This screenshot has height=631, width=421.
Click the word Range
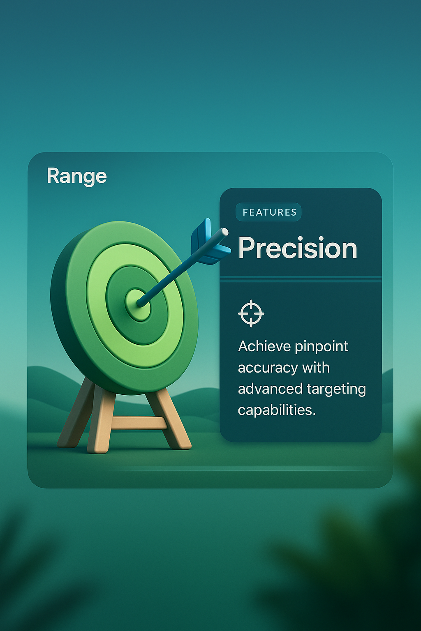point(77,176)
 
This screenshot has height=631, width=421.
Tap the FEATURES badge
point(269,212)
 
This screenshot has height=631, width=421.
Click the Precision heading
point(298,248)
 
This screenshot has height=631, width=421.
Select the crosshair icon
point(251,313)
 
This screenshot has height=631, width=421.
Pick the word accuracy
point(267,368)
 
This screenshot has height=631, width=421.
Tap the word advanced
point(270,389)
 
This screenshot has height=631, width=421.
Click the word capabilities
point(277,410)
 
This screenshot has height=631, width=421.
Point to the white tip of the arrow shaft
point(224,232)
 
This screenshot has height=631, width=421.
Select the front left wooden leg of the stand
point(101,423)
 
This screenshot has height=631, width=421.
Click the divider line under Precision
point(301,279)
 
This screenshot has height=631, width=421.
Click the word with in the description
point(316,368)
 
